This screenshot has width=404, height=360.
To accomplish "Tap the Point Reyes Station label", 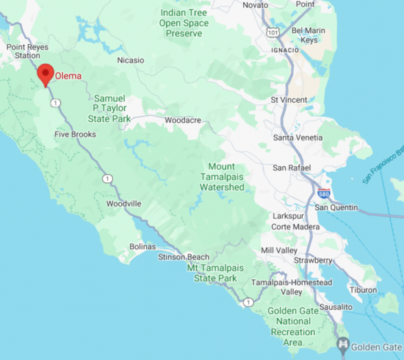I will click(24, 51).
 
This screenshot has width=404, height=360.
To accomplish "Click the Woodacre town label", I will click(183, 120).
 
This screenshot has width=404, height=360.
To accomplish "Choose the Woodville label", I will click(123, 204).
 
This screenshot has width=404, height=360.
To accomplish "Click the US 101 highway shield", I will click(273, 32).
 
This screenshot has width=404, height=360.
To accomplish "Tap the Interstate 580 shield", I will click(324, 194).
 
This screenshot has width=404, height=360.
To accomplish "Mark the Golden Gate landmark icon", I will click(342, 344).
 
